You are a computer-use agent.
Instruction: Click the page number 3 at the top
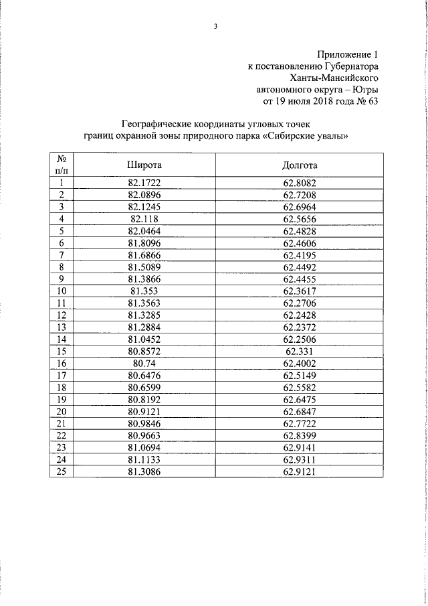[215, 27]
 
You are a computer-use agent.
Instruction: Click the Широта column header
[145, 165]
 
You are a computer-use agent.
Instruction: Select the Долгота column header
[300, 165]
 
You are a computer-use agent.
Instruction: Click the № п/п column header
[62, 165]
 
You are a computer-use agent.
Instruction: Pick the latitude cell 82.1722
[145, 183]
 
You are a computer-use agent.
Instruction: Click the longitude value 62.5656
[300, 219]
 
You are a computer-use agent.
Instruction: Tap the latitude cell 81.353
[145, 291]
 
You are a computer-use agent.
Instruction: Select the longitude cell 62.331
[300, 351]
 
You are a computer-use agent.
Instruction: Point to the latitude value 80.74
[145, 363]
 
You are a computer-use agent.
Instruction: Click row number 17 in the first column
[62, 375]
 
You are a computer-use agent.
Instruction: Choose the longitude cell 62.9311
[300, 459]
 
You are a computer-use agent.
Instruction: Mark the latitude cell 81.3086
[145, 471]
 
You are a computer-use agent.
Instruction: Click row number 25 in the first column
[62, 471]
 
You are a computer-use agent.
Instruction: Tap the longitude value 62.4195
[300, 255]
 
